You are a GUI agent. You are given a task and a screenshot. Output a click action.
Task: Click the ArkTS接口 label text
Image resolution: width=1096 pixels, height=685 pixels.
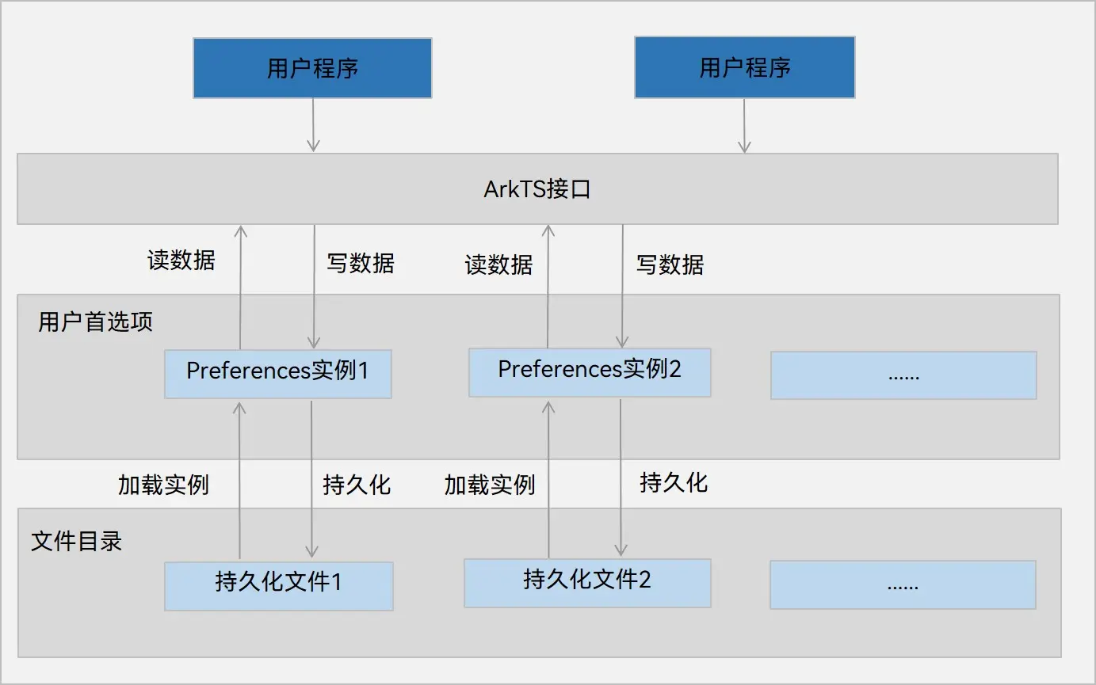click(537, 190)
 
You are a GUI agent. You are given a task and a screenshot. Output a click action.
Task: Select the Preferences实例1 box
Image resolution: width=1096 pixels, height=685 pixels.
click(277, 372)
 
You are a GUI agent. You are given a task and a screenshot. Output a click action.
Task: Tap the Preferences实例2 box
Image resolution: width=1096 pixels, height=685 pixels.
click(589, 371)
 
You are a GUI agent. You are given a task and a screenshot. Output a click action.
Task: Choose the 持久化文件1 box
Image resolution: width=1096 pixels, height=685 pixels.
click(278, 585)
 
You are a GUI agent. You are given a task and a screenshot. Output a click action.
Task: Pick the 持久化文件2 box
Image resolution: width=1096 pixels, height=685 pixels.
click(586, 582)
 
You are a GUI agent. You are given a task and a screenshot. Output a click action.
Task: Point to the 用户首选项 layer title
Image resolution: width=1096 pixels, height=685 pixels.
click(95, 322)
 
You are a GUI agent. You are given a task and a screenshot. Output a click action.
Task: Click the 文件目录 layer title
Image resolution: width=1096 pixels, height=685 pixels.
click(76, 542)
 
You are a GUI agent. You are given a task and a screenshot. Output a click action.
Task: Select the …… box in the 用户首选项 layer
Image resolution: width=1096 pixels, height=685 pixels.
click(903, 375)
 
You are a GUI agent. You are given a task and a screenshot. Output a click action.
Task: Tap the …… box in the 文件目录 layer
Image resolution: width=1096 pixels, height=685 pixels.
click(902, 585)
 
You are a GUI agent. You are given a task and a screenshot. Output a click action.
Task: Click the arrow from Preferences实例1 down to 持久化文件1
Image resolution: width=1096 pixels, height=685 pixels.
click(311, 479)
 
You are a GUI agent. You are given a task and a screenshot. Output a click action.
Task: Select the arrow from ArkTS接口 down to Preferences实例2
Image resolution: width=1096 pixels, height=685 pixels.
click(622, 285)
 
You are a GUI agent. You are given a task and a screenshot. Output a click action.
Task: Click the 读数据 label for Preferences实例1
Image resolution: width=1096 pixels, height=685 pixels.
click(181, 261)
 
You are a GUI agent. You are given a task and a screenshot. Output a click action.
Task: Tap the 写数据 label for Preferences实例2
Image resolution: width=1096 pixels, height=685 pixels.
click(670, 264)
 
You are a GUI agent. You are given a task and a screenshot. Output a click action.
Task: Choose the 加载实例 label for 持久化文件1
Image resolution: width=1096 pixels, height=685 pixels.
click(163, 485)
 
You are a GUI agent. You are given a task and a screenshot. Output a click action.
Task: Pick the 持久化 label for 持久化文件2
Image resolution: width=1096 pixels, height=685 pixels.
click(674, 482)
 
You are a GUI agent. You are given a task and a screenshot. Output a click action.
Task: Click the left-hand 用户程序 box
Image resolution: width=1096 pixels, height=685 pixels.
click(312, 68)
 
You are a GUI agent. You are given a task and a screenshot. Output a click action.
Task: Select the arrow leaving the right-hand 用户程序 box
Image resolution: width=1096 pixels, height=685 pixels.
click(744, 125)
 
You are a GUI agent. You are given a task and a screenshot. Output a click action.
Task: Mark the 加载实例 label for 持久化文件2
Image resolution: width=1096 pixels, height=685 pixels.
click(490, 485)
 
